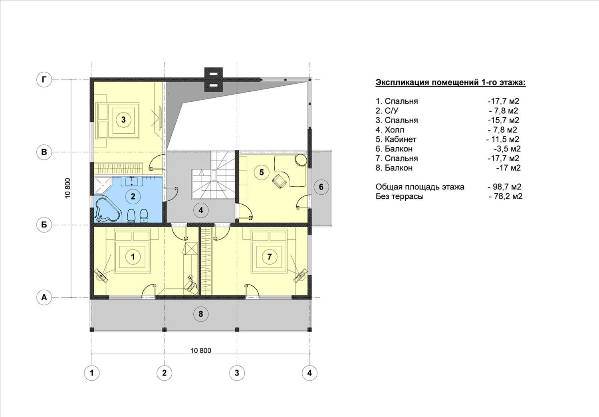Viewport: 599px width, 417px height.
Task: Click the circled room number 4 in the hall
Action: [201, 211]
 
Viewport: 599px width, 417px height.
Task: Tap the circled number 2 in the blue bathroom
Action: [133, 197]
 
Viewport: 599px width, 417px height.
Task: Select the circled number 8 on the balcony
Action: [201, 314]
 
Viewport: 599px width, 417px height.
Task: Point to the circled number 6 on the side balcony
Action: [321, 187]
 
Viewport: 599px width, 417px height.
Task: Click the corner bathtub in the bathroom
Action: [107, 210]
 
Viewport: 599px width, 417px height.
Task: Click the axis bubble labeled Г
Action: [44, 79]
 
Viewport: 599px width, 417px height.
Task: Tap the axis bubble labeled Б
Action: [44, 225]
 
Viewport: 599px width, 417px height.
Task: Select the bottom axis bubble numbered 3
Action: [237, 373]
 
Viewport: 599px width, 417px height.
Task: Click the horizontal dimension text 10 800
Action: [201, 350]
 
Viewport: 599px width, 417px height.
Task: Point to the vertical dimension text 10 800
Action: [67, 188]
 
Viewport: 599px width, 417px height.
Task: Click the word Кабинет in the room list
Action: [401, 139]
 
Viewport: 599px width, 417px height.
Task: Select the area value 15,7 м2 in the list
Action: [504, 120]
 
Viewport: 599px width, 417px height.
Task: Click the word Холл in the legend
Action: [395, 130]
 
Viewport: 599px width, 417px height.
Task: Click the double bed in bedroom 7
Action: [269, 252]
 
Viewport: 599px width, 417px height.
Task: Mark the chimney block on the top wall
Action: [213, 79]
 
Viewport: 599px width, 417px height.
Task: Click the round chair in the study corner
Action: [301, 160]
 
